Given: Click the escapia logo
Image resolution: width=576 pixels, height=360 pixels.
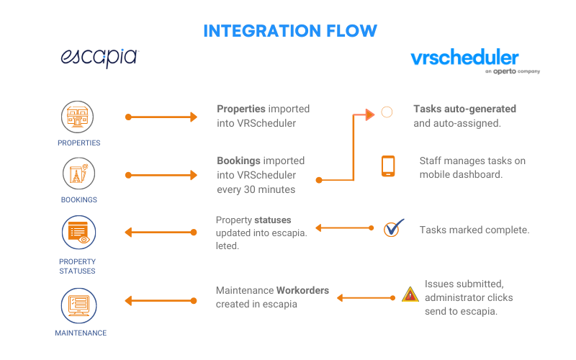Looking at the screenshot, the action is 99,58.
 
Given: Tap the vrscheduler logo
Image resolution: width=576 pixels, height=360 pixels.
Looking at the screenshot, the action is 475,60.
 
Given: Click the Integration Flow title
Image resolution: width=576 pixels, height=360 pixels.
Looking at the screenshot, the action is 290,31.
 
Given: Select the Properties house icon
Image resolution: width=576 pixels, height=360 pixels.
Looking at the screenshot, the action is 77,117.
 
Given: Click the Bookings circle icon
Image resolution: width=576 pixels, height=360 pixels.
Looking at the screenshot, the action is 78,174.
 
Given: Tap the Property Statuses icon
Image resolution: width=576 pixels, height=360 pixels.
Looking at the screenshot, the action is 78,233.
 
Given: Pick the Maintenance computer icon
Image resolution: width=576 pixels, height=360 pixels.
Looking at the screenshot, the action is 78,305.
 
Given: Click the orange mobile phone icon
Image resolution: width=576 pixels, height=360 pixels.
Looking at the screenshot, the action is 388,166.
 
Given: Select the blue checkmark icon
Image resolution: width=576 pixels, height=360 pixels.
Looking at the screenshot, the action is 393,228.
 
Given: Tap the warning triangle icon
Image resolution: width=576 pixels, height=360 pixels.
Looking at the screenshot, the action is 410,294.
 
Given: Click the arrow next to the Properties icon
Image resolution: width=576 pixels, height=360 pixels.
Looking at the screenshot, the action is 161,117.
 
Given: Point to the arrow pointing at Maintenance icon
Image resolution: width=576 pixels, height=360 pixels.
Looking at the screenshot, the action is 161,301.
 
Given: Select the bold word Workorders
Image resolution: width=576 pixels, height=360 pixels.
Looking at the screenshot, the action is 302,290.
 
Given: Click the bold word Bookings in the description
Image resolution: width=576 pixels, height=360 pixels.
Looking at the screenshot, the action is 238,161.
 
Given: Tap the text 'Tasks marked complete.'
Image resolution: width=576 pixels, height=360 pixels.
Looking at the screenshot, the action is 474,230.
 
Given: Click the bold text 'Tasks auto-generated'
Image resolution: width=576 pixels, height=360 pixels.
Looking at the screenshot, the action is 464,109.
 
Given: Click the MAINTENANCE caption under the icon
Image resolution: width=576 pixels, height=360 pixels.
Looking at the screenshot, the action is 81,333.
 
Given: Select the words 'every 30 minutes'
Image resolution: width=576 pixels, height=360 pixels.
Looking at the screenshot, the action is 256,189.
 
